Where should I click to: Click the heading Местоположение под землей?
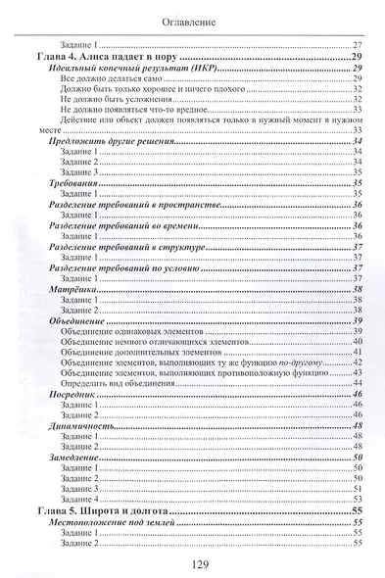click(x=114, y=523)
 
